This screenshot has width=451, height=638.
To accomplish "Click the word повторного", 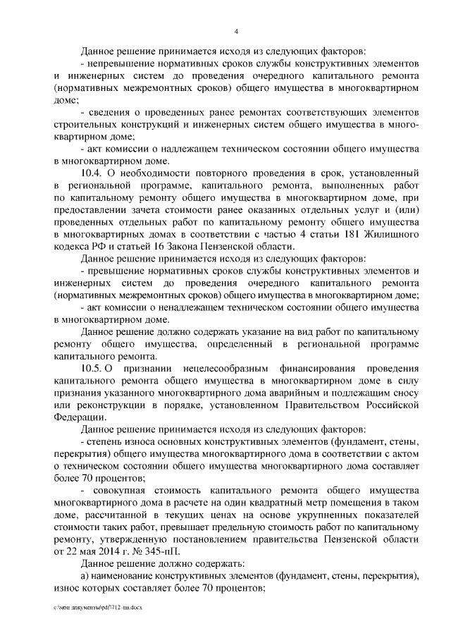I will pyautogui.click(x=210, y=172).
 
